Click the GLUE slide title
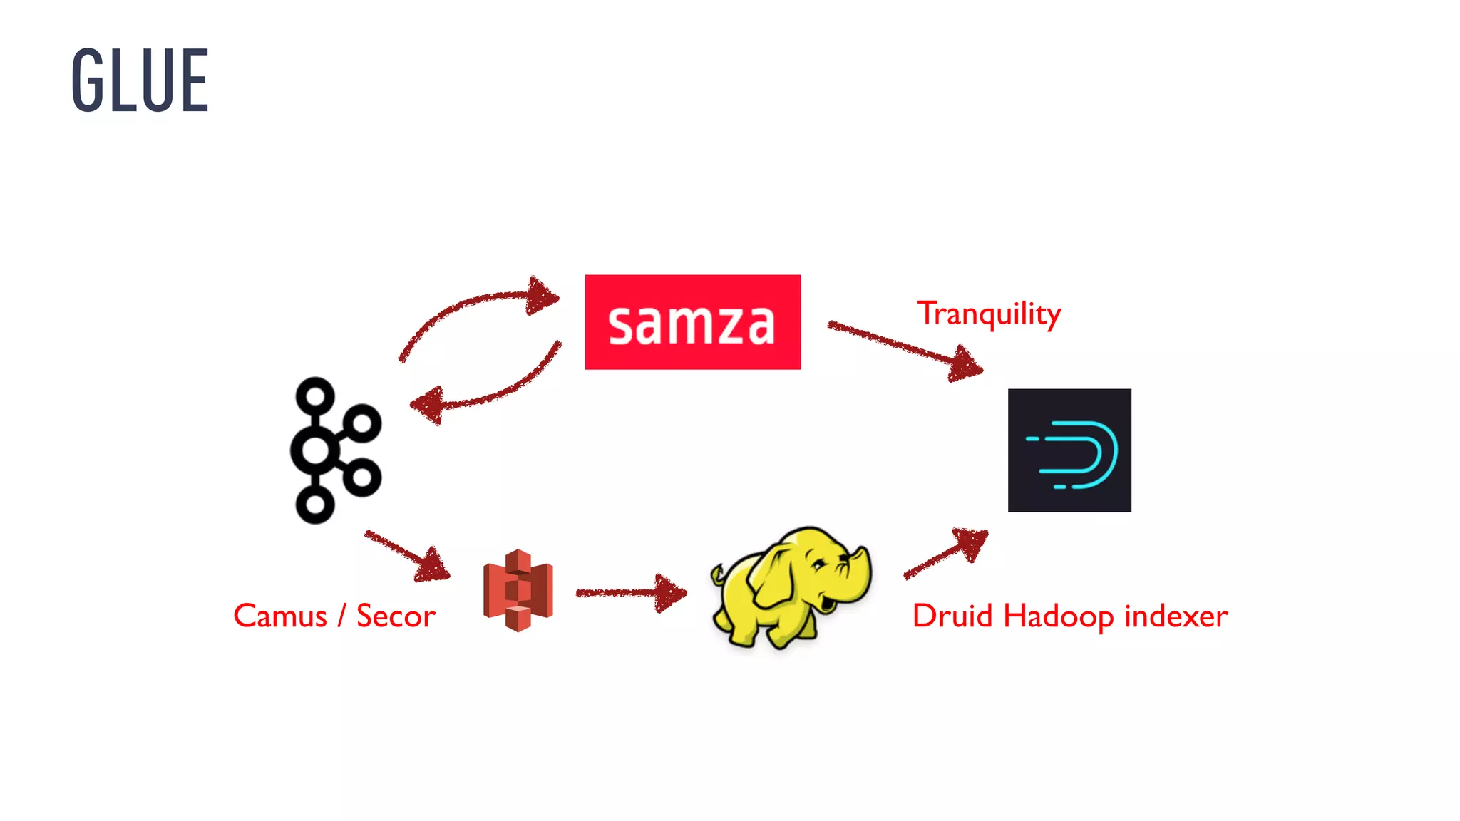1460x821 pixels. pos(140,80)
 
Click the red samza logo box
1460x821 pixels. pos(692,322)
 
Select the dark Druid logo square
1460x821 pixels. pos(1069,450)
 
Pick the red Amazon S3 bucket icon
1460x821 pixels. pos(518,590)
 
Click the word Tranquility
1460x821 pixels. pos(989,314)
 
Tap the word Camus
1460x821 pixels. pos(279,616)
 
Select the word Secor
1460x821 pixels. pos(396,616)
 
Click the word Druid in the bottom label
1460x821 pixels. pos(952,616)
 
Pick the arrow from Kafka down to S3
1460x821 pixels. pos(406,554)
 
